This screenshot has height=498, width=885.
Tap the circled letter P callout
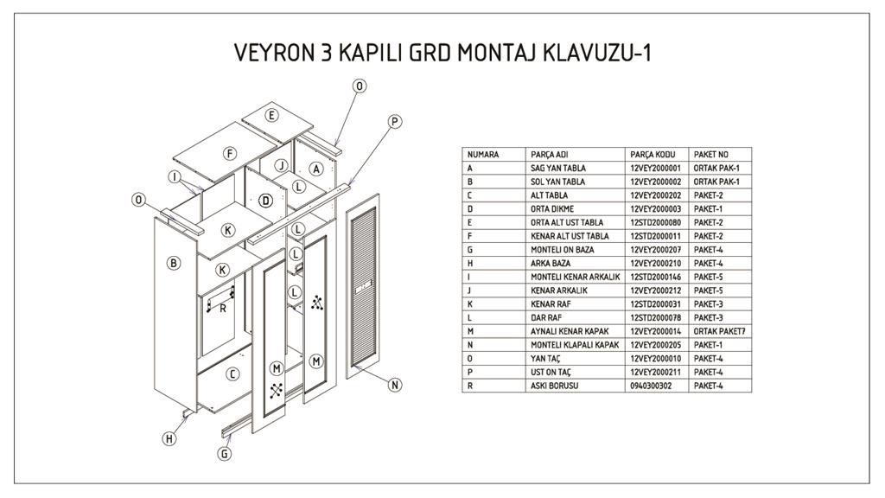395,122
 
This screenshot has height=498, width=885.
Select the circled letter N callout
395,385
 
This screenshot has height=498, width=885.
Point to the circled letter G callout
225,452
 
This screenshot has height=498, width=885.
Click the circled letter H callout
169,438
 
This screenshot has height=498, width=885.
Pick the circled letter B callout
174,263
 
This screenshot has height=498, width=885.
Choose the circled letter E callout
271,115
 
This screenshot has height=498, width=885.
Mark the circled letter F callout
230,153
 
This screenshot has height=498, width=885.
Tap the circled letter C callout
232,373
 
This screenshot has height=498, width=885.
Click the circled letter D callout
266,201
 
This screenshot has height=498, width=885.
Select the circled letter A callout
316,169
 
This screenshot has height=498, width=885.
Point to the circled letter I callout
175,177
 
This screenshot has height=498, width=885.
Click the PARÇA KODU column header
651,155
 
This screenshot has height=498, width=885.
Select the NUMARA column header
483,155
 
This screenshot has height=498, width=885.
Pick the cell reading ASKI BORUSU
555,385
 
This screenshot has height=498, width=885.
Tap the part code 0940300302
652,385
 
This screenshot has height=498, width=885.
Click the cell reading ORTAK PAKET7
719,331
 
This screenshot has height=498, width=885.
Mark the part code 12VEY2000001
656,168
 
